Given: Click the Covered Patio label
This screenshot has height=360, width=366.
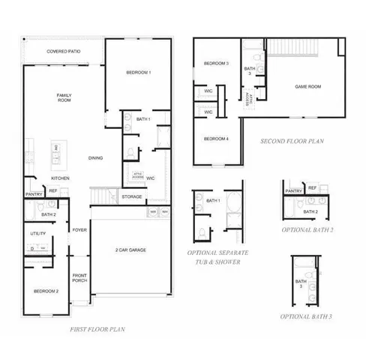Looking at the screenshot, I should (63, 51).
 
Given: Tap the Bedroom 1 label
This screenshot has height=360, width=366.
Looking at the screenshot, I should (139, 72).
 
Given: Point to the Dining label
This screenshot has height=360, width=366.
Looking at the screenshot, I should (96, 157).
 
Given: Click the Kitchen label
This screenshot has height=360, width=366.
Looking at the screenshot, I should (61, 178).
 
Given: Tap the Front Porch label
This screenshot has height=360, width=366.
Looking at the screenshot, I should (80, 278).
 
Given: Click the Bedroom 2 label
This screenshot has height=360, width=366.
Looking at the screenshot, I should (46, 290).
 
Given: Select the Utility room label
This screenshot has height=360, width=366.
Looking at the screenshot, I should (38, 234).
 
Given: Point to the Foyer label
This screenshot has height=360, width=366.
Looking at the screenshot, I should (80, 230).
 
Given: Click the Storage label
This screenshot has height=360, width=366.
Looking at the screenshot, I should (132, 196).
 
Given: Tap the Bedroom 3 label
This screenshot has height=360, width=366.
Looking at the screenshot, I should (217, 64).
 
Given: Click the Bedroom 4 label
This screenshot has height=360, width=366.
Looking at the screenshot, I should (217, 138).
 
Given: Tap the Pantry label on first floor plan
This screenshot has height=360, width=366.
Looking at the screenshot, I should (34, 194).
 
